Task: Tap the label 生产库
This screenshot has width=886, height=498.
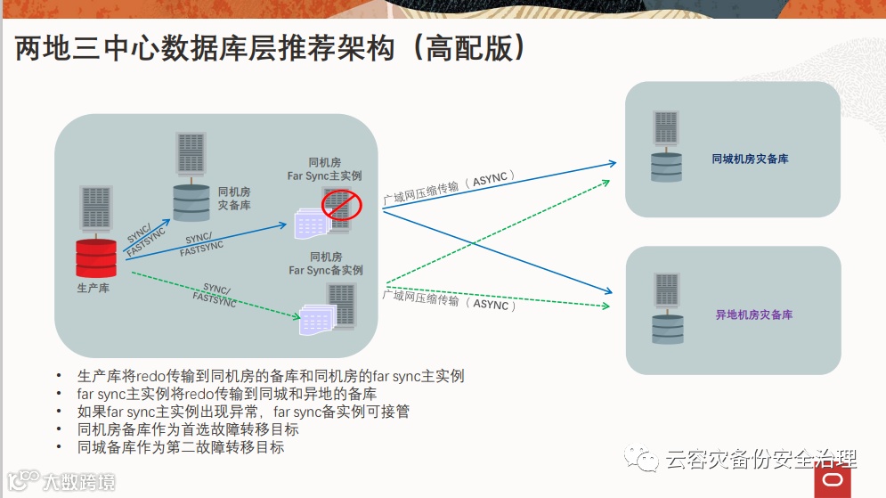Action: (x=93, y=289)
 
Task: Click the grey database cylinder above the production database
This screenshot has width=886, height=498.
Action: (x=191, y=201)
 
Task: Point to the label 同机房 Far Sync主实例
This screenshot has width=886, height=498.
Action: (x=324, y=169)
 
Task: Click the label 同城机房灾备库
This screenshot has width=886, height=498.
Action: (x=750, y=159)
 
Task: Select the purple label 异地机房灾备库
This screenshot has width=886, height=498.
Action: (x=753, y=315)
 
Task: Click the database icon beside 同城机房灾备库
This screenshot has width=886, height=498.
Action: (x=666, y=167)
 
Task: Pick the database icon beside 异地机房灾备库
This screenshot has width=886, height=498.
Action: (x=667, y=326)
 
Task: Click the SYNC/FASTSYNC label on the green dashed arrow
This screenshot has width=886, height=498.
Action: (x=215, y=295)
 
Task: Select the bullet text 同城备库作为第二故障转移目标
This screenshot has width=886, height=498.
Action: (x=181, y=447)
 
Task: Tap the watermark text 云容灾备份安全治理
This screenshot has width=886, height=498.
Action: (x=760, y=460)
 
